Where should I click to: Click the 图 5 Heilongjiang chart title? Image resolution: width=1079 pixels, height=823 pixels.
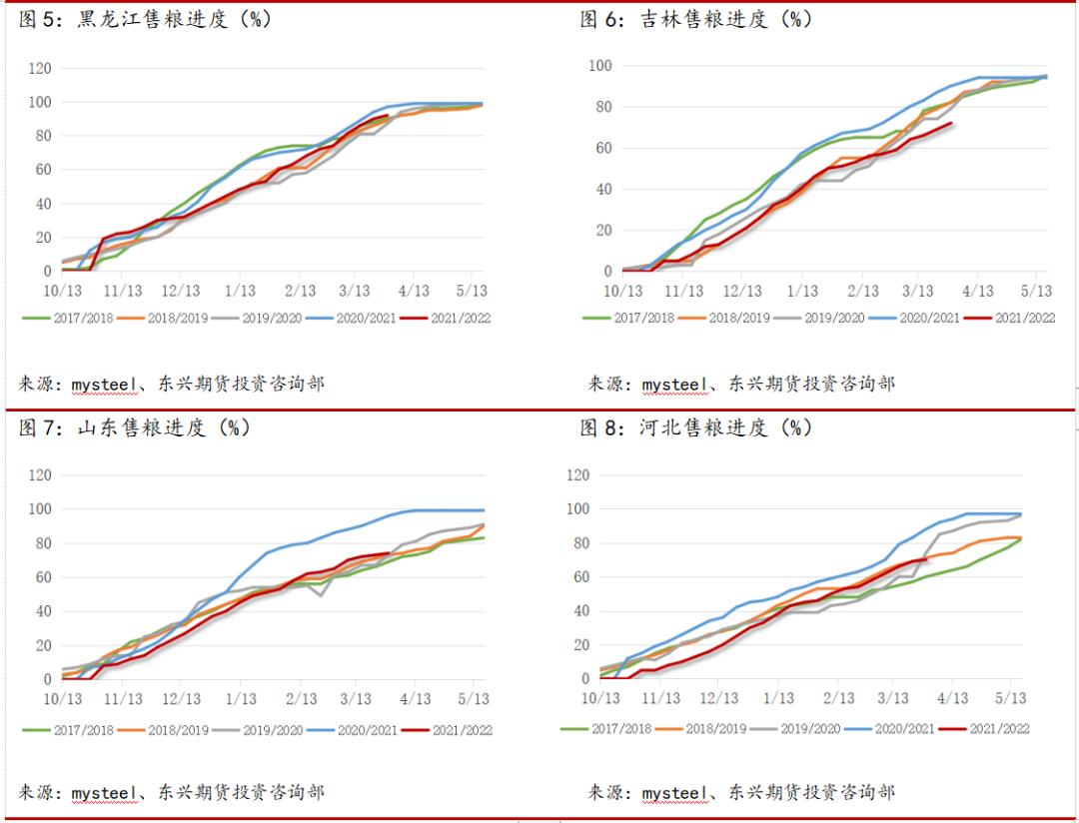(x=145, y=19)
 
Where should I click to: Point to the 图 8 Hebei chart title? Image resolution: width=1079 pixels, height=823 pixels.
(x=696, y=427)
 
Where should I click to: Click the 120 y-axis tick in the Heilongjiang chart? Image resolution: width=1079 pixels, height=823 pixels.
(x=40, y=68)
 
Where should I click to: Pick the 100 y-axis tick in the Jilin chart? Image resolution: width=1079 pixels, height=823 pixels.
(x=600, y=66)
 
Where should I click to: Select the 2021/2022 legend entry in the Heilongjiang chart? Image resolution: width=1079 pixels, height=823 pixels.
(x=461, y=318)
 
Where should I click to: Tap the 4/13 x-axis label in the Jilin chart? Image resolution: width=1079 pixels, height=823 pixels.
(x=977, y=290)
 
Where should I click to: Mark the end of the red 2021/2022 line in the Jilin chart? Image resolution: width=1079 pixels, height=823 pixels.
(x=950, y=124)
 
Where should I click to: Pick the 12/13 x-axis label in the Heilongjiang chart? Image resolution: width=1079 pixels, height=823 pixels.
(x=181, y=290)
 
